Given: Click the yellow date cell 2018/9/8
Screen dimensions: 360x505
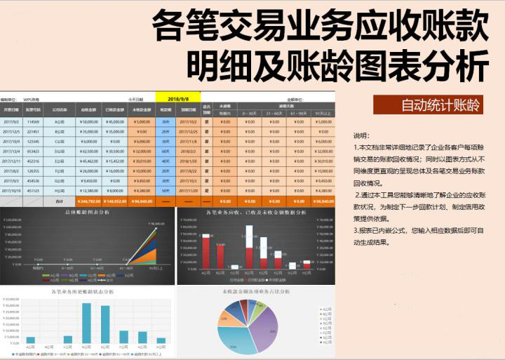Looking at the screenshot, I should coord(172,100).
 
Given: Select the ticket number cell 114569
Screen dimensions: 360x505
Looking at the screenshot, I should coord(33,121).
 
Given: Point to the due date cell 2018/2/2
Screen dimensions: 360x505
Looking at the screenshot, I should coord(187,151).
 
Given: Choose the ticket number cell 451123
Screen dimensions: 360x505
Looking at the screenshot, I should coord(33,190).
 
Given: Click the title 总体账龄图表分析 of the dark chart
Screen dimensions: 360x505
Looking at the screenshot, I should coord(87,211).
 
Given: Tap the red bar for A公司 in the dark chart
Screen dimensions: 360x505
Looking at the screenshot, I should coord(206,253).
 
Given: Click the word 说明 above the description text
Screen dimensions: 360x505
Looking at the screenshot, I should coord(361,135).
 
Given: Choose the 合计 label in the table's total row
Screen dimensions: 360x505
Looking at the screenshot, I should coord(61,201).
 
